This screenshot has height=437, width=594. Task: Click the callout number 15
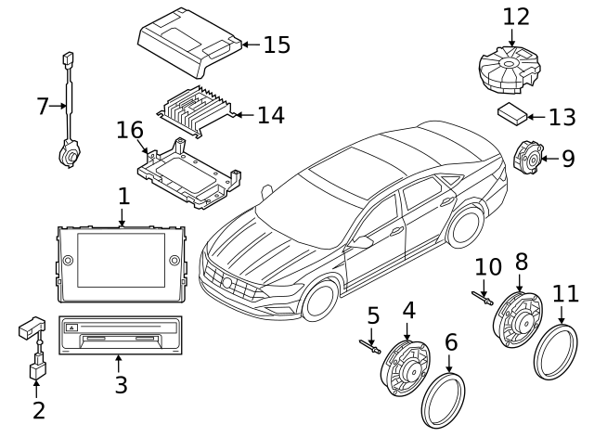point(276,45)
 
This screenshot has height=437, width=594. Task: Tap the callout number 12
point(516,17)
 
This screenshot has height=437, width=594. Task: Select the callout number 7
point(42,107)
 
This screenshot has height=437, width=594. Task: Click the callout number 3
point(121,384)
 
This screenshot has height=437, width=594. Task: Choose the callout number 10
point(487,269)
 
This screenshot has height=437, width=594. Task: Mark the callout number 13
point(562,117)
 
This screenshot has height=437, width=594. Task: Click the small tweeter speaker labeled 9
point(528,157)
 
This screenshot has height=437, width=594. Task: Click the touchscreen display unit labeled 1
point(121,263)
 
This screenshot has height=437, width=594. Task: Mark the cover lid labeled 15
point(186,45)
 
